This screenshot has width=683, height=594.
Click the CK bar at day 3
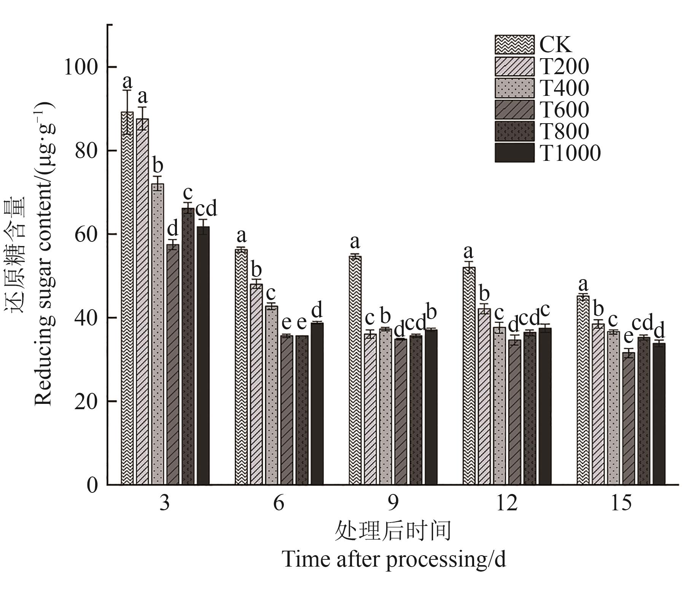(x=127, y=298)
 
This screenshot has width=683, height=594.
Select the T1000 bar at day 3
(x=203, y=356)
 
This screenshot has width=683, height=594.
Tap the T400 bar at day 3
(x=158, y=334)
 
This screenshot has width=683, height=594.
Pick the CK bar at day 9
(x=355, y=370)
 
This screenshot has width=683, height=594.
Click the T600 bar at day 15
(x=629, y=418)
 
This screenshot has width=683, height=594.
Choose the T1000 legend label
(x=570, y=153)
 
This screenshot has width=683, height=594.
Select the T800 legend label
(x=564, y=132)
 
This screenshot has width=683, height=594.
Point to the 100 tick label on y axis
(x=81, y=67)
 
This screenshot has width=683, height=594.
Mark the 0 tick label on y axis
(x=92, y=485)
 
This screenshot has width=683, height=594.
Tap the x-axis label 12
(x=507, y=503)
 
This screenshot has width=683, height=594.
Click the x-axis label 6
(x=279, y=503)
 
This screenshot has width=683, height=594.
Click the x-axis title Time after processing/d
(x=394, y=559)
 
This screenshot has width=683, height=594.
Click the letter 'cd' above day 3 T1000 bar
(x=206, y=208)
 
